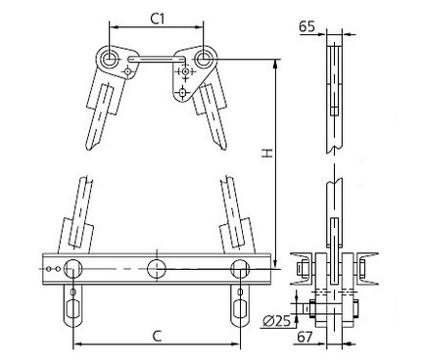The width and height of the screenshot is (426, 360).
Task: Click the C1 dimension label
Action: [x=158, y=19]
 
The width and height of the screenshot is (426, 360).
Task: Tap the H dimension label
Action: [x=267, y=153]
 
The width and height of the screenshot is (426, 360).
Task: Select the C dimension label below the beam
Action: [x=158, y=336]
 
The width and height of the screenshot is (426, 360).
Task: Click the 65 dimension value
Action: [x=307, y=26]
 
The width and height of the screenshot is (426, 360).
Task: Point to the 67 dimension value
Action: [x=305, y=337]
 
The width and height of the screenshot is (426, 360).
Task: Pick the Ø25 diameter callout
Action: [x=277, y=322]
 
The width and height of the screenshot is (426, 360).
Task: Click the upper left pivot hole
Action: [x=109, y=59]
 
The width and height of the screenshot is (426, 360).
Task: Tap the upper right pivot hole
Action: [x=203, y=59]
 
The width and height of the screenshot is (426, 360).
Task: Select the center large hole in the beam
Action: [x=157, y=269]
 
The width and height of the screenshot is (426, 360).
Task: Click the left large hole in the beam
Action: [x=73, y=269]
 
